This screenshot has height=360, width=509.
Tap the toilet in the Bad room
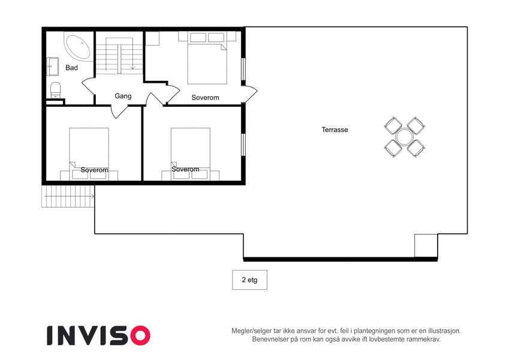tap(56, 90)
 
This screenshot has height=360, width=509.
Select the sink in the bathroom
tap(52, 67)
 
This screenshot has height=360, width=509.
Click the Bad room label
tap(72, 68)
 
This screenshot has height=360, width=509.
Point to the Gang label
tap(123, 96)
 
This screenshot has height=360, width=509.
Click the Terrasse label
tap(335, 130)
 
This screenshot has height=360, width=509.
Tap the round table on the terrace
tap(405, 137)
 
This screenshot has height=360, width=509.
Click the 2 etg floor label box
tap(249, 280)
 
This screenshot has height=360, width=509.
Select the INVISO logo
tap(99, 335)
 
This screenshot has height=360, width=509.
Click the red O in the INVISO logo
tap(140, 335)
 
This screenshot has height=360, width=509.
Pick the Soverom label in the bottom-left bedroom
tap(95, 170)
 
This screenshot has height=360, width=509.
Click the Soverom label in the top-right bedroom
tap(205, 97)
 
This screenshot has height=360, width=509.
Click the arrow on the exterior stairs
tap(70, 196)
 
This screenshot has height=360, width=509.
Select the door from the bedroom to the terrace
tap(249, 93)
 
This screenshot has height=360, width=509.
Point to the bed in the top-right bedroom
tap(207, 64)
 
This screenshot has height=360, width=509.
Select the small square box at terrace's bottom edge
tap(426, 245)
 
